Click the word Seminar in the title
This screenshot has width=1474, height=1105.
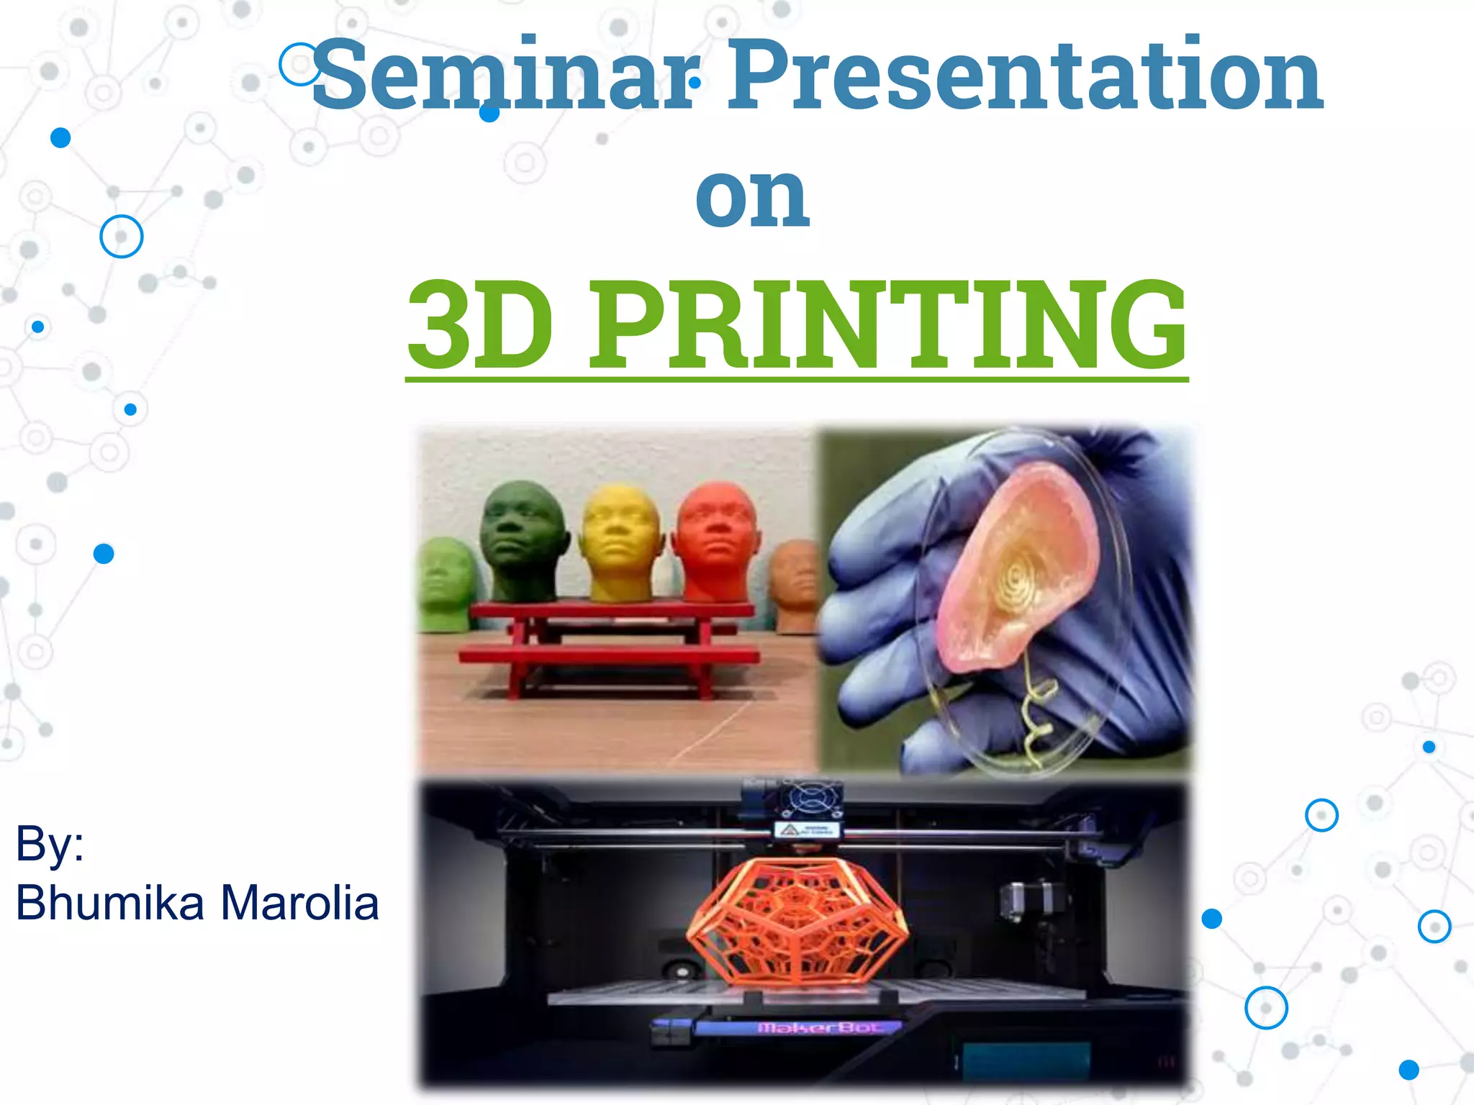(x=504, y=76)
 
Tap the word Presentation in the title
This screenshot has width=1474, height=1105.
(x=1026, y=76)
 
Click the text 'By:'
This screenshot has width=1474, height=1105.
(x=50, y=843)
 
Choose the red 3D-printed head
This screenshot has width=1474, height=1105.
(x=717, y=540)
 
